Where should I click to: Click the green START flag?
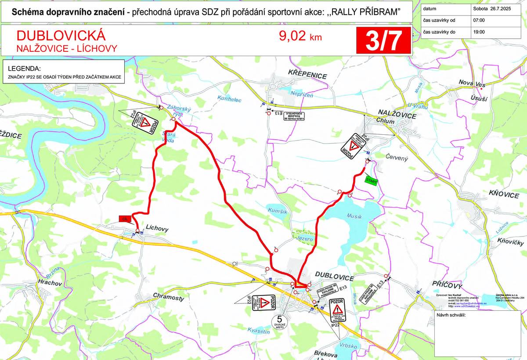click(371, 180)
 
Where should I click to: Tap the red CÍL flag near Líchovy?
click(125, 219)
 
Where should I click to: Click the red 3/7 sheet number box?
click(383, 40)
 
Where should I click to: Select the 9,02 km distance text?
click(300, 36)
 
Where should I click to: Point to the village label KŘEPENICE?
click(307, 76)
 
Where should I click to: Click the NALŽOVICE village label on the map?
click(397, 115)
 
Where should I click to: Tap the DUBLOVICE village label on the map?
click(334, 278)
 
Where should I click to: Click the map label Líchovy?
click(156, 229)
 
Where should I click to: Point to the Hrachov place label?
click(49, 283)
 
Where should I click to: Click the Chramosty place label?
click(169, 298)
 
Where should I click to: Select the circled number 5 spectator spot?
click(279, 320)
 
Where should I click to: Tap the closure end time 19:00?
click(479, 32)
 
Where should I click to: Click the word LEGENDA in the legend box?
click(25, 69)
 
